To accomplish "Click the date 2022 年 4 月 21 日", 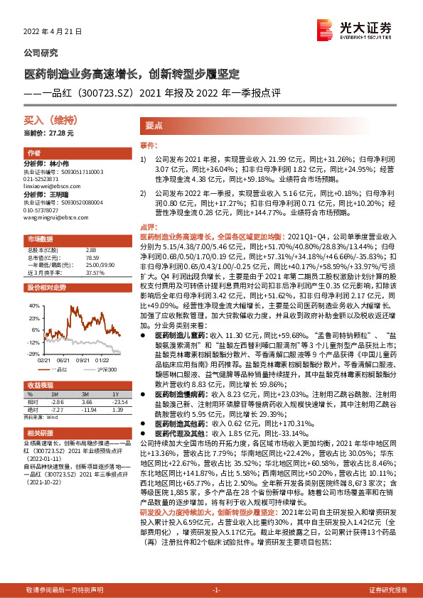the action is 53,32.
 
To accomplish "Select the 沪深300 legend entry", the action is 106,369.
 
